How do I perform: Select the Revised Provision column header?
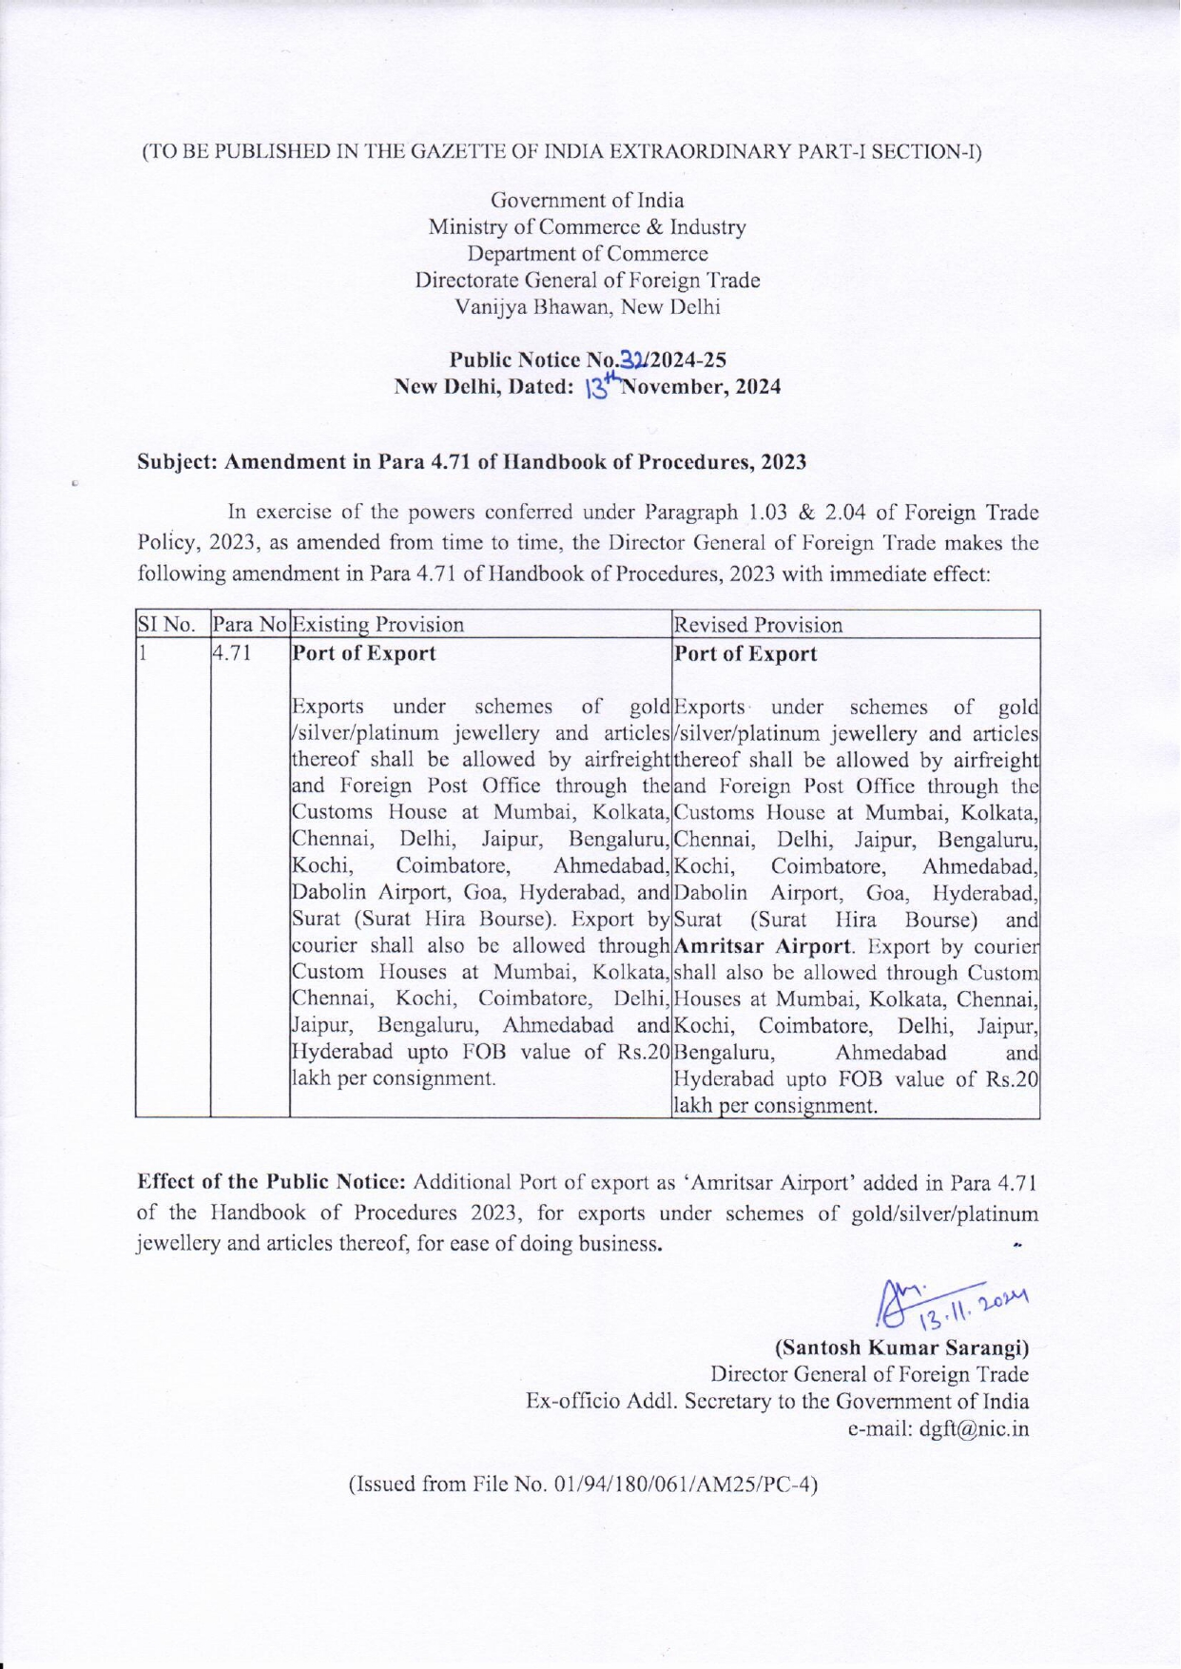[758, 625]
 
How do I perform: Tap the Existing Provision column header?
[378, 625]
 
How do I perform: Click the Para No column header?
[249, 625]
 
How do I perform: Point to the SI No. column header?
[167, 625]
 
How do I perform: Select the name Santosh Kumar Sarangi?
[902, 1348]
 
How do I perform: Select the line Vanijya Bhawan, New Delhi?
[588, 307]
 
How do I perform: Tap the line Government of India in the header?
[587, 201]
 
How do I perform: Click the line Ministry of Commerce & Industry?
[587, 227]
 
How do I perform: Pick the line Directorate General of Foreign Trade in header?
[587, 281]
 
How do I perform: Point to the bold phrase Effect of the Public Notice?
[273, 1183]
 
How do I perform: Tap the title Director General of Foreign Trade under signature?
[869, 1374]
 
